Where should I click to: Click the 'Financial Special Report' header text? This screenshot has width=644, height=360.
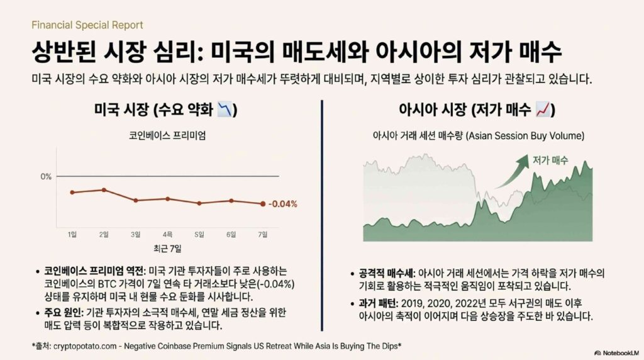(87, 25)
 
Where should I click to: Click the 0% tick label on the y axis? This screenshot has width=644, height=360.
(46, 177)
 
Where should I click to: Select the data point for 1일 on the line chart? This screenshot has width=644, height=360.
(72, 193)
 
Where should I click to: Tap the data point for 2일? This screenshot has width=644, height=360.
(104, 190)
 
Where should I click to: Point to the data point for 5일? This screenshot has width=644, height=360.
(199, 203)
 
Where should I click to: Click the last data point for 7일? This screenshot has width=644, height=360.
(263, 204)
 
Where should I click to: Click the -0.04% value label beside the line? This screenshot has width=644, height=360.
(282, 205)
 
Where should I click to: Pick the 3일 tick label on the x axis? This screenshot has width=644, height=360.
(136, 234)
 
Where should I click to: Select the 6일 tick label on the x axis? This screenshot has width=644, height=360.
(231, 234)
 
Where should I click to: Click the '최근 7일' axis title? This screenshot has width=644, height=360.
(167, 248)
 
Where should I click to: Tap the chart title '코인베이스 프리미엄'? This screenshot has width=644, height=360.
(167, 135)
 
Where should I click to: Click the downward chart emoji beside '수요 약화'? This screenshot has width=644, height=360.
(225, 110)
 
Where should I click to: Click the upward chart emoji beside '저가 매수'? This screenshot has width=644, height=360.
(543, 110)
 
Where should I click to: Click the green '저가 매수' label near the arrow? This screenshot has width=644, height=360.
(550, 160)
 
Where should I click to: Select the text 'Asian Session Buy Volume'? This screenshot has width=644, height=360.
(525, 135)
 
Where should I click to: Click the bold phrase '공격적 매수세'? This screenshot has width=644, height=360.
(387, 273)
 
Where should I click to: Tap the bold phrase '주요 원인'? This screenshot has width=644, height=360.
(63, 312)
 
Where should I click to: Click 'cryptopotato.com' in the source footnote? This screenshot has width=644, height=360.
(85, 346)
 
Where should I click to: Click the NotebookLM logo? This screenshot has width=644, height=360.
(616, 352)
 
